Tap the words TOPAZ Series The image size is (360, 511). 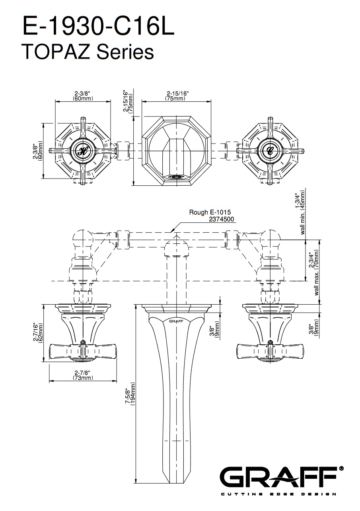pos(88,51)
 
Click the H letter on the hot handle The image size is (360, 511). pos(83,150)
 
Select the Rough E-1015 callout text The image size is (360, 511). pos(210,212)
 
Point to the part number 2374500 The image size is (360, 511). pos(221,219)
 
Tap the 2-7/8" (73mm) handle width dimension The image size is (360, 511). pos(83,375)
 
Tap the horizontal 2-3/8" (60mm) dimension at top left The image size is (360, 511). pos(83,96)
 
